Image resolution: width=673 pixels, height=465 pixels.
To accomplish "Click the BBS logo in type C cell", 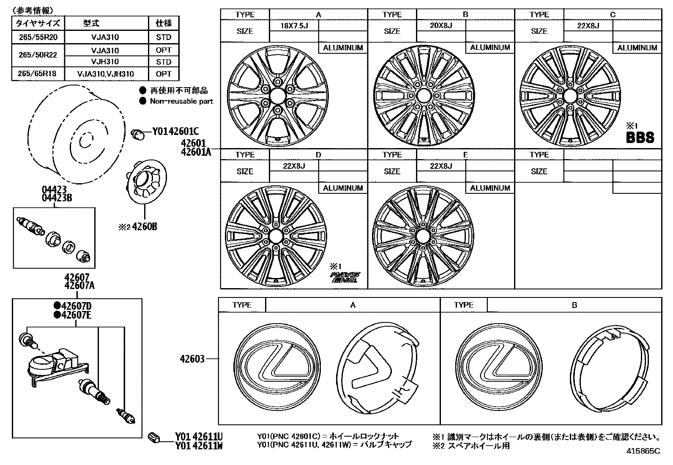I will tap(640, 138).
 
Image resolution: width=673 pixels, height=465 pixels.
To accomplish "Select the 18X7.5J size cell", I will tap(294, 26).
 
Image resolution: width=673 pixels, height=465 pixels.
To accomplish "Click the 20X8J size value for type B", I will tap(441, 26).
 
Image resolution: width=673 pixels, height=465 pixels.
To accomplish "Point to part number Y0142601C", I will tap(175, 132).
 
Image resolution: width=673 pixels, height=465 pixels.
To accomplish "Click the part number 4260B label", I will tap(145, 227).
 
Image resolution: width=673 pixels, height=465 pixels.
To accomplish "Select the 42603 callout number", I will tap(192, 359).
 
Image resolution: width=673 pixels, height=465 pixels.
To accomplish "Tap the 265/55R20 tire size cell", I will tap(38, 37).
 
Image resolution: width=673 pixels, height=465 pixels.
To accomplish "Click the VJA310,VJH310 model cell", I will tap(105, 74).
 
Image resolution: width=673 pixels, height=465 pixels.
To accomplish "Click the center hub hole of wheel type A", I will tap(277, 96).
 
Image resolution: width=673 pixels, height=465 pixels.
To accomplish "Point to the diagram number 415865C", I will tap(643, 451).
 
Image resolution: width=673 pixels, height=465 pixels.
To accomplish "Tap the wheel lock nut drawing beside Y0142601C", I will tap(137, 134).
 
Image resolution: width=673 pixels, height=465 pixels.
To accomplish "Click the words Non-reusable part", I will tap(181, 102).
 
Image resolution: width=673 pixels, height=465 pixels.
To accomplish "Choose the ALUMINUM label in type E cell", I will tap(490, 188).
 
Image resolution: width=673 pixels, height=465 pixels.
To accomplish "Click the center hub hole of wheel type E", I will tap(423, 236).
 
